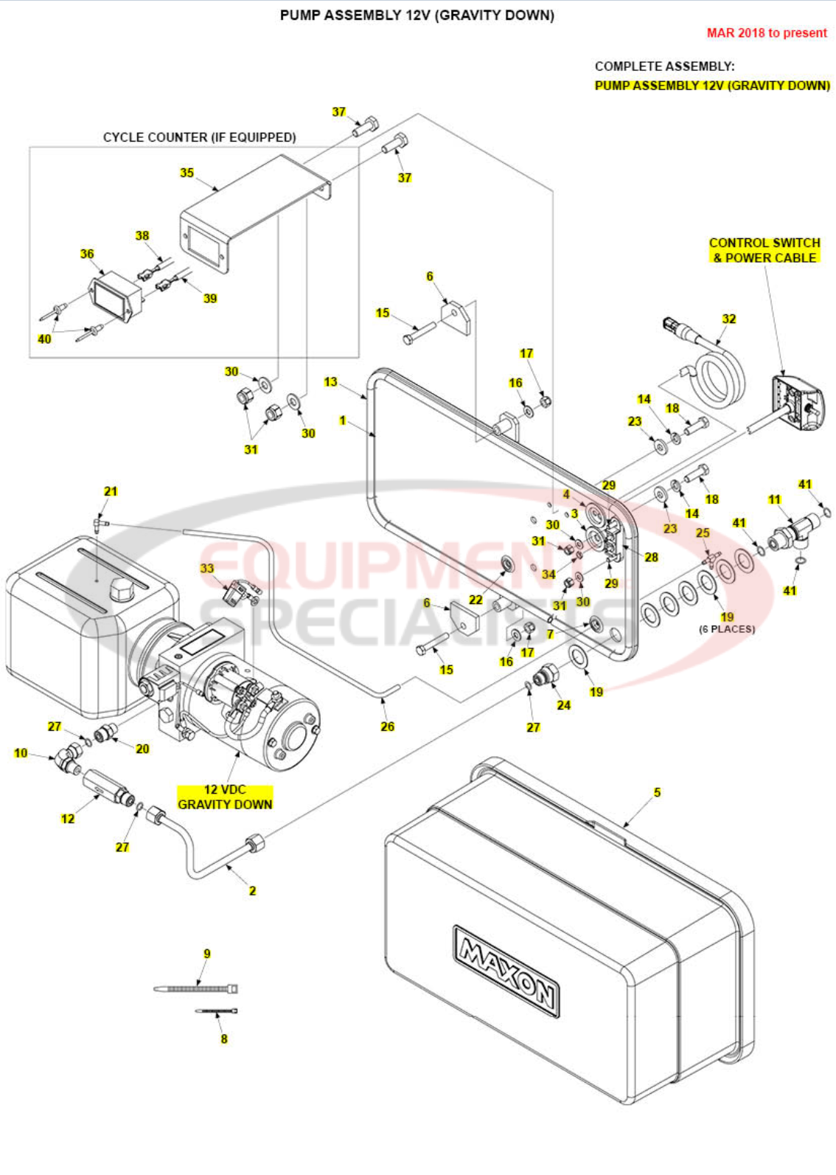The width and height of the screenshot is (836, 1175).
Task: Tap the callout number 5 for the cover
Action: (x=657, y=792)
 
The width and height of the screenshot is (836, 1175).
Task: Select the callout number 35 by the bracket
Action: (x=187, y=173)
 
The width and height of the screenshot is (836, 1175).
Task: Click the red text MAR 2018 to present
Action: (x=767, y=33)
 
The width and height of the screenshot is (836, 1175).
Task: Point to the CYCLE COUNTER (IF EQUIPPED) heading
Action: (x=199, y=137)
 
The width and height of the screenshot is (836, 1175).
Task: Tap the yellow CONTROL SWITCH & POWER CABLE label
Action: (x=764, y=250)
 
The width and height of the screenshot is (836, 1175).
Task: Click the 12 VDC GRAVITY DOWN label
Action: (x=225, y=797)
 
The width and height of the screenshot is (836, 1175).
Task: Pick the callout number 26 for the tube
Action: (x=387, y=727)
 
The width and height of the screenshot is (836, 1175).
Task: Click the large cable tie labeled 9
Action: (x=196, y=988)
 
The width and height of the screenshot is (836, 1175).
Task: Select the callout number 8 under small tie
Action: (x=224, y=1039)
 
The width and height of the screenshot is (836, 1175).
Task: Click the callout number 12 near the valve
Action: (x=68, y=818)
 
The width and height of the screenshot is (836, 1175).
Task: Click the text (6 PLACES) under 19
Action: (x=727, y=629)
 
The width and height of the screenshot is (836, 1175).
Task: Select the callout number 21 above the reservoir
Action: (x=111, y=491)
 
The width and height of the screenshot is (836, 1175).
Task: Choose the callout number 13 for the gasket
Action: (x=330, y=381)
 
